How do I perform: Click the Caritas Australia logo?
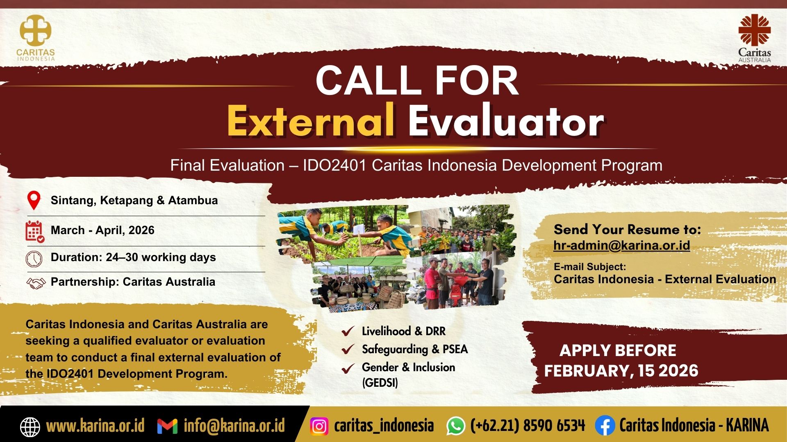point(755,38)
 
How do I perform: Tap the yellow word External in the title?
point(311,121)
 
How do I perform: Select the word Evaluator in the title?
point(506,121)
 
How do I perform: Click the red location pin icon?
point(34,201)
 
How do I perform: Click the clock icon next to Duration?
point(34,259)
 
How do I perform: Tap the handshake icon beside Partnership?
point(36,283)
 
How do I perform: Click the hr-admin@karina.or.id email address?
point(621,246)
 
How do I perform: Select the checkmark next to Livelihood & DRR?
point(348,331)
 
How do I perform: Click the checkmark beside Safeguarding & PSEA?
point(348,349)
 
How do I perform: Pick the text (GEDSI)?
point(380,383)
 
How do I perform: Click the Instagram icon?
point(319,426)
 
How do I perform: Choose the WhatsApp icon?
point(456,426)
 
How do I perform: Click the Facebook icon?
point(605,426)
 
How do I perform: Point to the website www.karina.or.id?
point(96,426)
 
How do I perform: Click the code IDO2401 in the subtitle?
point(334,165)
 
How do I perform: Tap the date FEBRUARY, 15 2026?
point(621,371)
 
